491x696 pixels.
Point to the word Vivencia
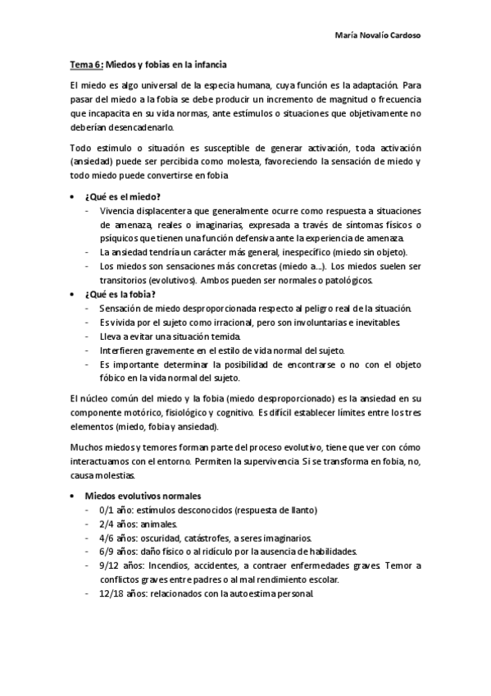(117, 211)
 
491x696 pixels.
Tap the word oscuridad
(168, 538)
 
